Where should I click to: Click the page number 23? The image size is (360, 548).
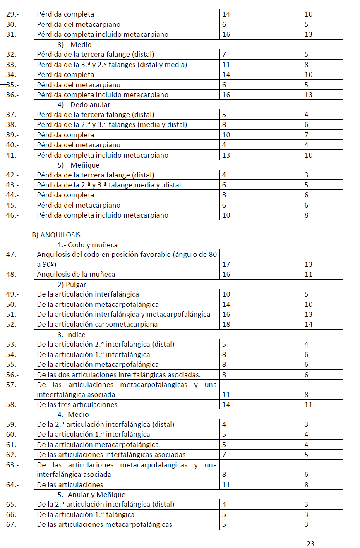point(310,544)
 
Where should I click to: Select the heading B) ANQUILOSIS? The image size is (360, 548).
point(56,235)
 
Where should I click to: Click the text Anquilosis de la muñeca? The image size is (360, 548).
point(76,274)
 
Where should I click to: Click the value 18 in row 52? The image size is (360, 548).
point(226,324)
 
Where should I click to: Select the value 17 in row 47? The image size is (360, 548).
point(226,264)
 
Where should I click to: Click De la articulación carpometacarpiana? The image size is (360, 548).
point(97,324)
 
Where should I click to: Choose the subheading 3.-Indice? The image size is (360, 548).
point(72,334)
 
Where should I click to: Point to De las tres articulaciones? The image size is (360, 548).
point(77,404)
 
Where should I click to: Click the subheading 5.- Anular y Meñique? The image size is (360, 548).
point(91,495)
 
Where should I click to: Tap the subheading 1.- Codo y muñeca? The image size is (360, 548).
point(88,245)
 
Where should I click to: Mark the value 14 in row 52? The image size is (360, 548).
point(308,324)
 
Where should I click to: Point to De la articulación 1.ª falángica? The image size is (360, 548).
point(86,515)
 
